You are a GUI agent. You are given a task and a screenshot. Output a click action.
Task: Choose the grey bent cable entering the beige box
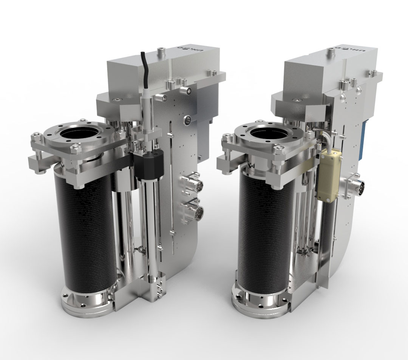click(321, 136)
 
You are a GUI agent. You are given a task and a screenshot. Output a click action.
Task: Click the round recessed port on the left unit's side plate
click(187, 121)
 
